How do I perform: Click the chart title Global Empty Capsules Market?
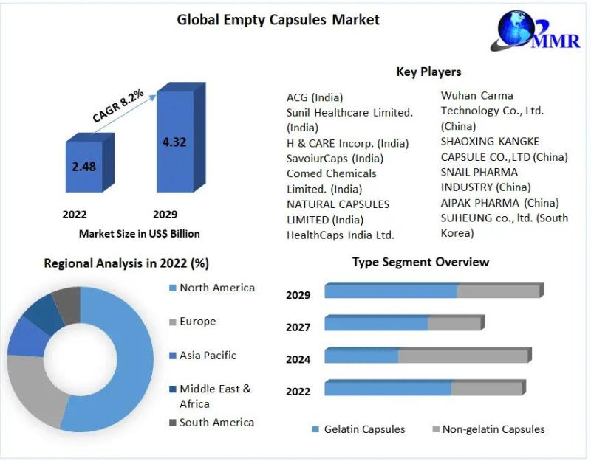(x=278, y=20)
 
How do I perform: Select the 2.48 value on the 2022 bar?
(x=83, y=167)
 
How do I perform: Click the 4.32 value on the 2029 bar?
(x=174, y=142)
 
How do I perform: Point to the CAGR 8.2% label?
(x=118, y=104)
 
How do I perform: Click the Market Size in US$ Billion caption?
(x=139, y=234)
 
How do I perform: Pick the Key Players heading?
(x=428, y=72)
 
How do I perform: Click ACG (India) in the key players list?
(x=315, y=97)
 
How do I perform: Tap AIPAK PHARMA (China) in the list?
(x=499, y=202)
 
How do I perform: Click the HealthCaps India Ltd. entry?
(x=341, y=235)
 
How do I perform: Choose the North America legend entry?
(x=216, y=288)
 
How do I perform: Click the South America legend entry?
(x=216, y=423)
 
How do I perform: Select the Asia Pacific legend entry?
(x=208, y=355)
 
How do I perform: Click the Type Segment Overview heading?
(x=420, y=262)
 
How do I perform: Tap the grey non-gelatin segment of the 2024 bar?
(x=463, y=356)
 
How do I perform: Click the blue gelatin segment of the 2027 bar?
(x=376, y=324)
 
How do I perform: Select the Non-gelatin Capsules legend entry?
(x=493, y=429)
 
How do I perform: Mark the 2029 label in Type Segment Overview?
(x=298, y=295)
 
